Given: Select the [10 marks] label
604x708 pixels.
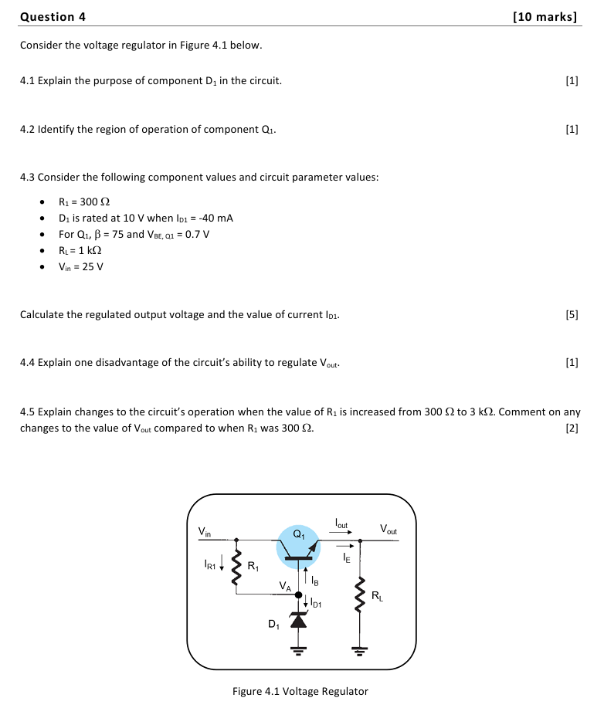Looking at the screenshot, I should (x=545, y=16).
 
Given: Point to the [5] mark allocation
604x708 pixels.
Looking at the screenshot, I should (x=572, y=315).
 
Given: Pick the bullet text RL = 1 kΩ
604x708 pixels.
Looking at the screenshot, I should (x=81, y=251).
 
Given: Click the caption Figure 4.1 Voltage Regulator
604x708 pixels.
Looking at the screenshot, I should (x=300, y=691).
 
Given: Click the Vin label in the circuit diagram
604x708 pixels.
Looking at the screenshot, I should (x=205, y=531).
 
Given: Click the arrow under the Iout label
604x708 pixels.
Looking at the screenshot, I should (x=342, y=532).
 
